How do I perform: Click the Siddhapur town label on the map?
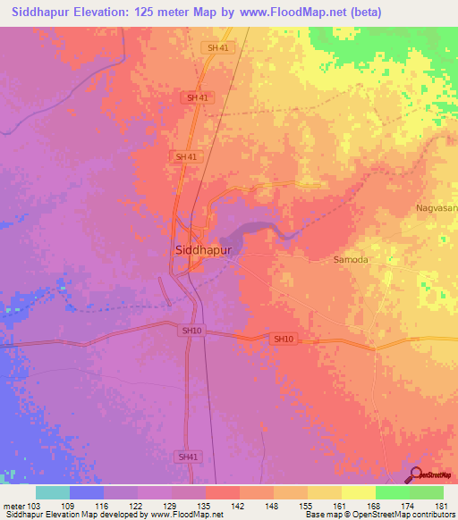[x=202, y=251]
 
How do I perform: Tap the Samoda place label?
[x=351, y=260]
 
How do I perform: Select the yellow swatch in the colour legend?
[x=358, y=492]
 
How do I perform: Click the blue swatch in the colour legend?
[x=87, y=492]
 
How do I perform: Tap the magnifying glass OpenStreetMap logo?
[x=415, y=474]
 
